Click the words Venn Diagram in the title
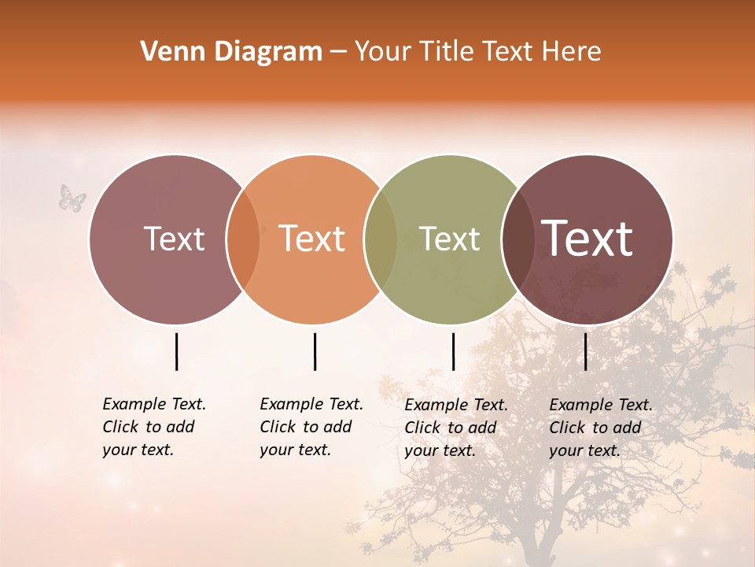pos(231,52)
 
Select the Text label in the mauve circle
pos(174,239)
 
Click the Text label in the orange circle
pos(311,239)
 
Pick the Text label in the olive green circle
pos(449,239)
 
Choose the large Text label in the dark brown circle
pos(587,239)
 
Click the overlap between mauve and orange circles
pos(243,239)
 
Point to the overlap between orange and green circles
pos(381,239)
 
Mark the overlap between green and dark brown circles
pos(518,239)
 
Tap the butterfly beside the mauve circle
pos(72,198)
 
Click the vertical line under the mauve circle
pos(176,351)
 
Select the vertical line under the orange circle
pos(315,351)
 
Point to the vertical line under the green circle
pos(453,351)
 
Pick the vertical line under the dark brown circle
pos(585,351)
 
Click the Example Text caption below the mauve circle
pos(154,427)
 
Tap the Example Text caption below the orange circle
pos(311,427)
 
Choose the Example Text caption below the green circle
pos(456,428)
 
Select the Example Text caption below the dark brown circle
pos(601,428)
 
